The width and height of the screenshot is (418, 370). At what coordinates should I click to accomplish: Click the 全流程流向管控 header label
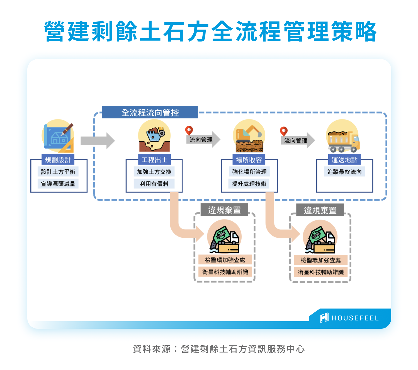pyautogui.click(x=150, y=112)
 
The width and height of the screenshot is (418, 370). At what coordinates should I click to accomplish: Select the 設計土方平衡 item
pyautogui.click(x=58, y=172)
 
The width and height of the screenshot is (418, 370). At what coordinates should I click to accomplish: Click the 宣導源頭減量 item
pyautogui.click(x=58, y=184)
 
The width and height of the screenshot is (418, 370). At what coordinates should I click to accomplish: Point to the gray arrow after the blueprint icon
pyautogui.click(x=97, y=141)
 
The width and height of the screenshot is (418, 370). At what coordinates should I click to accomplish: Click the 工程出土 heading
pyautogui.click(x=154, y=160)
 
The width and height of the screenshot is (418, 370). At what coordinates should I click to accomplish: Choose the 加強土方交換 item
pyautogui.click(x=154, y=172)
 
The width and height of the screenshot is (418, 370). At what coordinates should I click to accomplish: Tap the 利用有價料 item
pyautogui.click(x=154, y=184)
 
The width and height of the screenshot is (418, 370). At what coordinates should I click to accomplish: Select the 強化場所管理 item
pyautogui.click(x=249, y=172)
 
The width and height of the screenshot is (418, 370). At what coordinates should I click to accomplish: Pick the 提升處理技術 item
pyautogui.click(x=249, y=184)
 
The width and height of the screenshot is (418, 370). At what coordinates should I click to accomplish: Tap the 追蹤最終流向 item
pyautogui.click(x=344, y=172)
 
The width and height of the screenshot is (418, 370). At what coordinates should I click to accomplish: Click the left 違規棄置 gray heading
pyautogui.click(x=224, y=210)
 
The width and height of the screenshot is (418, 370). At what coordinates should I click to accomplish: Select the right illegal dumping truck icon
pyautogui.click(x=320, y=238)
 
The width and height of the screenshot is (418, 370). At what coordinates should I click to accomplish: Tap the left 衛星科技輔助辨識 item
pyautogui.click(x=225, y=272)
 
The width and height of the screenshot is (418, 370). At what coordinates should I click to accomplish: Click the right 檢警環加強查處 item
pyautogui.click(x=321, y=260)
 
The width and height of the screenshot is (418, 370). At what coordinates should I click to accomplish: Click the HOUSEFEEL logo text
pyautogui.click(x=355, y=318)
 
